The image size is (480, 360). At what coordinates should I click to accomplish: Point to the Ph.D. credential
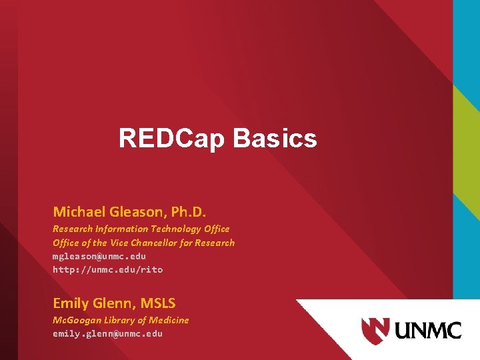[189, 212]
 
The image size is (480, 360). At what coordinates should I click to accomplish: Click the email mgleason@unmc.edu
[99, 256]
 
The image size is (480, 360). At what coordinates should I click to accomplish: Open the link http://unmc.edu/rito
[107, 269]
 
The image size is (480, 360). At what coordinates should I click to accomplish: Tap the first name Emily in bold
[71, 303]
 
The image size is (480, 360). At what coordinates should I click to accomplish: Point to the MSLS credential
[157, 303]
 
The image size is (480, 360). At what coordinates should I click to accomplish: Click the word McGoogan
[75, 320]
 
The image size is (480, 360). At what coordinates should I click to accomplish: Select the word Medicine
[169, 320]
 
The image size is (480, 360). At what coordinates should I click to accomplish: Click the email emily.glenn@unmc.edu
[107, 333]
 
